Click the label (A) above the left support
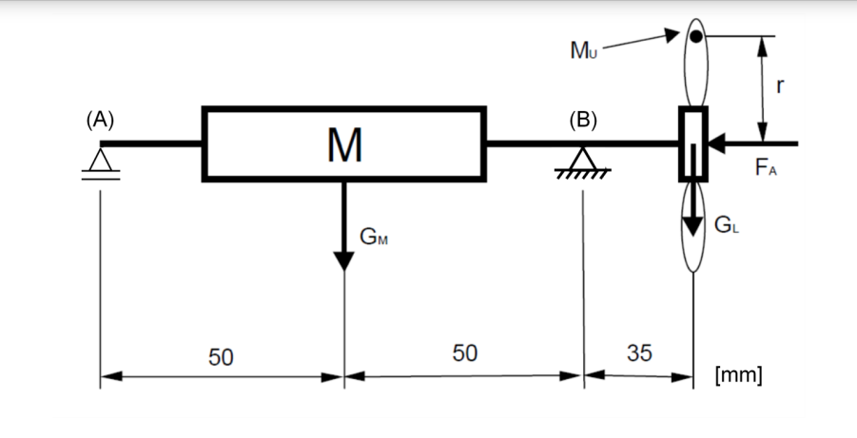(x=99, y=121)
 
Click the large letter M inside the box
(x=343, y=145)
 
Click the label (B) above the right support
(x=582, y=121)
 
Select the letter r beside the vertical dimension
(x=780, y=86)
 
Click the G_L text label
(x=725, y=226)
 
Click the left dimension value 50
(x=221, y=356)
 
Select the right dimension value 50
(x=464, y=353)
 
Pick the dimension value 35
(x=639, y=353)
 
